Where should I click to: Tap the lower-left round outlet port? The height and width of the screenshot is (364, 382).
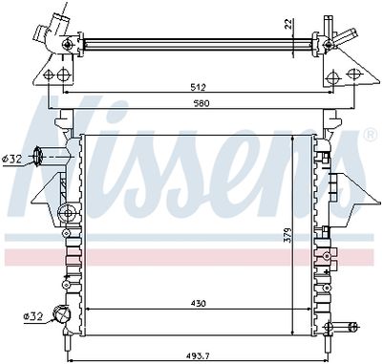point(63,314)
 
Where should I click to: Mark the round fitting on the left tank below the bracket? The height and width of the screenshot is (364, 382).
point(64,212)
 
